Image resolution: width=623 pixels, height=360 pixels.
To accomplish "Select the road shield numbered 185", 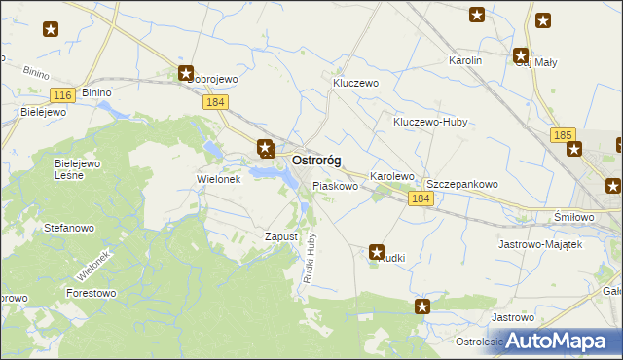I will (562, 135).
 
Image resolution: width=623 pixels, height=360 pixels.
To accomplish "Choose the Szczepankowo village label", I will (462, 183).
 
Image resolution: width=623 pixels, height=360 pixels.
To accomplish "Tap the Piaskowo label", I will (335, 185).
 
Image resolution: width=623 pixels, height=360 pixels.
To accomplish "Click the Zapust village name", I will (280, 236).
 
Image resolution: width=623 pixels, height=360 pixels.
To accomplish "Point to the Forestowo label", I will (91, 292).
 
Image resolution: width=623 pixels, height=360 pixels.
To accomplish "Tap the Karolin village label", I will (465, 60).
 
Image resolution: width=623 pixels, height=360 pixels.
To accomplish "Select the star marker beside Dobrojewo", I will (186, 73).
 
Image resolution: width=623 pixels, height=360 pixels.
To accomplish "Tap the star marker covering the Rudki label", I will (378, 252).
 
